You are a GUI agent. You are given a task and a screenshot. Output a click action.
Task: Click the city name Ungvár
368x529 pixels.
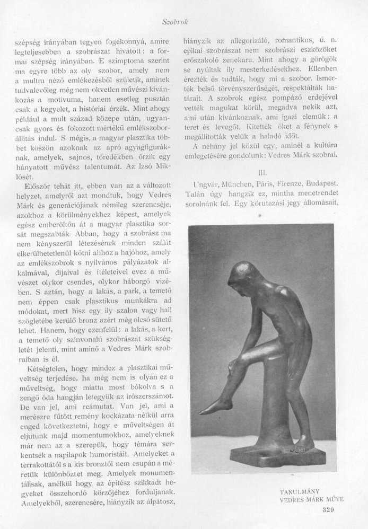click(x=202, y=183)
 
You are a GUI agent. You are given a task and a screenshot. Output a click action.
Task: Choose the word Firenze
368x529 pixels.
click(x=300, y=183)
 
